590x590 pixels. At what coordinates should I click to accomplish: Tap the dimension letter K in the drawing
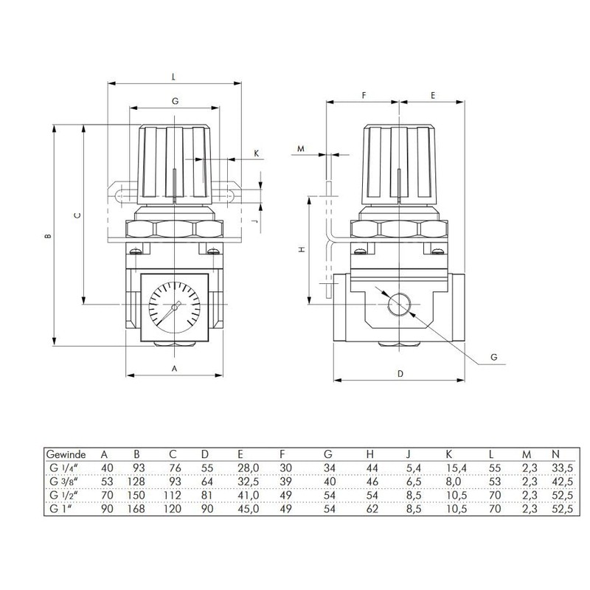(257, 153)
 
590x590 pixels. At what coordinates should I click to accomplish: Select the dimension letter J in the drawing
(253, 221)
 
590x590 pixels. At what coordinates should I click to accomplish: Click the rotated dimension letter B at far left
(47, 237)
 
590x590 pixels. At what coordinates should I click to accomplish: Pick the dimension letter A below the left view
(175, 367)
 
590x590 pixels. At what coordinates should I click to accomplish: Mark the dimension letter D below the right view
(400, 373)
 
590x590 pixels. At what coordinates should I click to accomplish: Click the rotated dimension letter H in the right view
(300, 250)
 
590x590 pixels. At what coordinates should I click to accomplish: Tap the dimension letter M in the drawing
(300, 148)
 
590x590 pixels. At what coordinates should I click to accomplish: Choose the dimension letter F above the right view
(364, 96)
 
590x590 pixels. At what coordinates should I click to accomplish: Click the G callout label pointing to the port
(494, 357)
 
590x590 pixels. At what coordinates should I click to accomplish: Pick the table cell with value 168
(136, 509)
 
